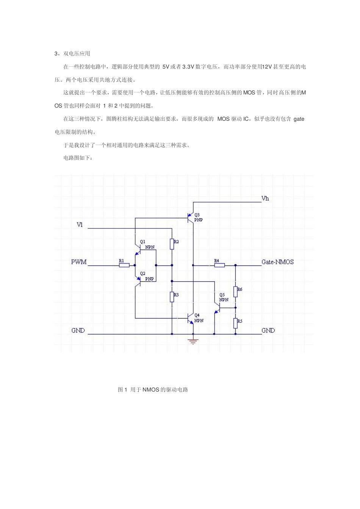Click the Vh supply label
point(265,198)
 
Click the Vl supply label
point(80,225)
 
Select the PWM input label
point(79,262)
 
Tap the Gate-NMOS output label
point(277,262)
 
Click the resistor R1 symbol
point(124,265)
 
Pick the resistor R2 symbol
point(172,244)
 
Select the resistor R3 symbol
point(172,297)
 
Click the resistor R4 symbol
point(219,265)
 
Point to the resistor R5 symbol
point(235,323)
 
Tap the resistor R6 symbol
point(235,292)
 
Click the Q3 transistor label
point(197,215)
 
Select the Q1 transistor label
point(142,242)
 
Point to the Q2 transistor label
point(142,273)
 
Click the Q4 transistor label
point(197,315)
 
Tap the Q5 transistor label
point(222,295)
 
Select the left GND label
point(78,331)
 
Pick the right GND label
point(268,331)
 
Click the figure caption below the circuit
point(153,390)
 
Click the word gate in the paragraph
point(299,119)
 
